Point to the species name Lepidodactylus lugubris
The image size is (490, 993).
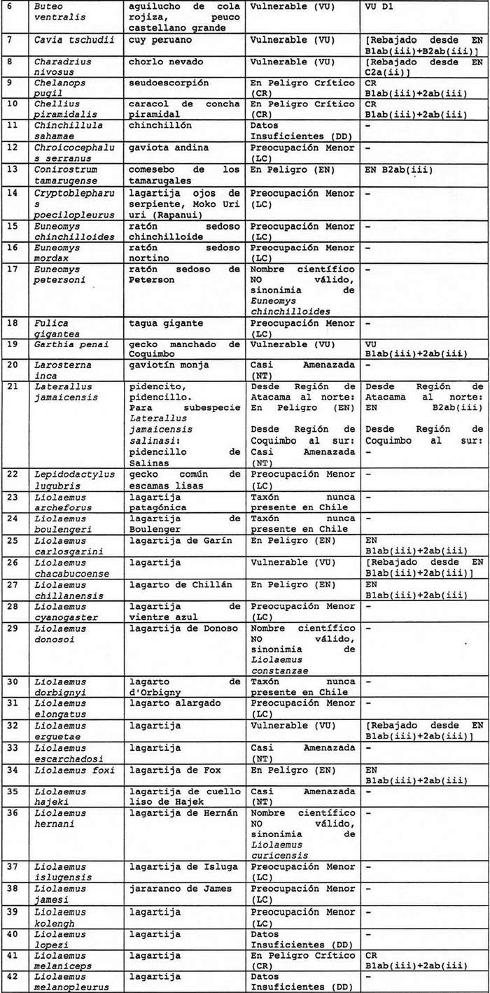pos(74,480)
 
